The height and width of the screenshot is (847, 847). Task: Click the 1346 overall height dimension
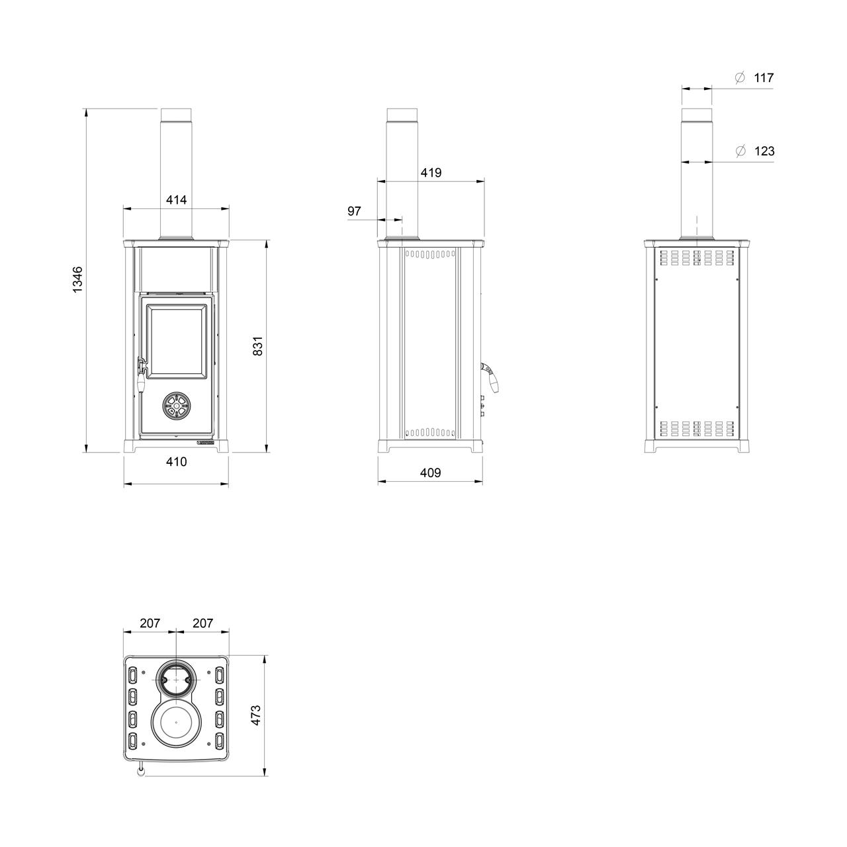pos(77,279)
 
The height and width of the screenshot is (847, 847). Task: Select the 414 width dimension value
pos(176,200)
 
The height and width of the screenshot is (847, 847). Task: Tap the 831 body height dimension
pos(258,346)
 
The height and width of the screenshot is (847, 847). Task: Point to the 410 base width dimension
pos(176,462)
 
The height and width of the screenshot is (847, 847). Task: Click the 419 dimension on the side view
pos(431,173)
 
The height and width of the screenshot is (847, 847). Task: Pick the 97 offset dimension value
pos(354,212)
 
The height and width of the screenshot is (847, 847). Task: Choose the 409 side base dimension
pos(430,473)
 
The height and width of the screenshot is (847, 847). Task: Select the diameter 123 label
pos(755,152)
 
